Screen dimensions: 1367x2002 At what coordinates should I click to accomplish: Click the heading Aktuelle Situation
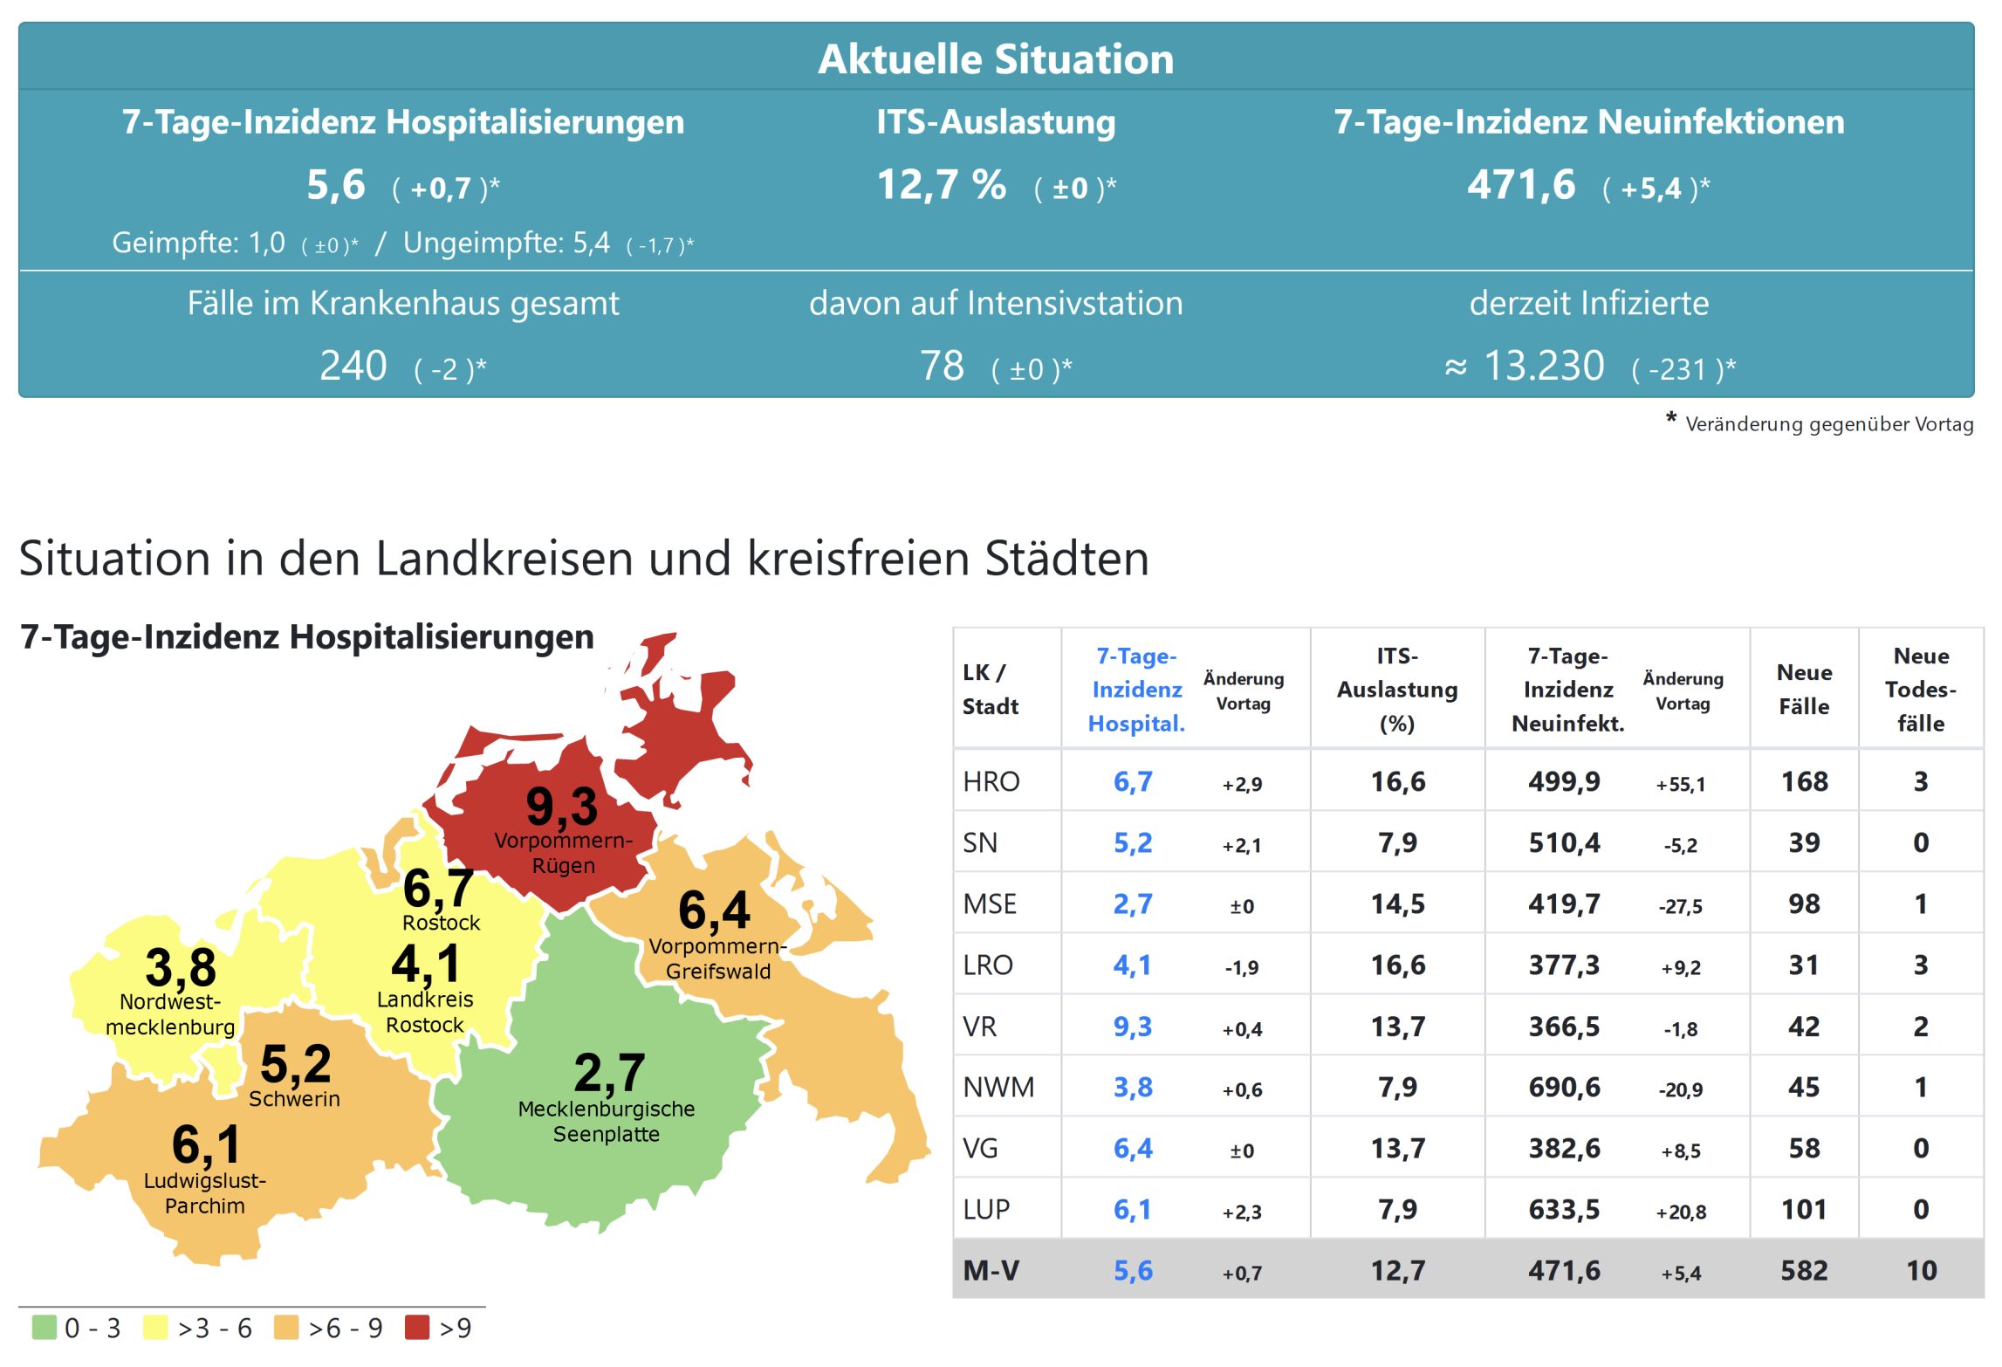pyautogui.click(x=996, y=59)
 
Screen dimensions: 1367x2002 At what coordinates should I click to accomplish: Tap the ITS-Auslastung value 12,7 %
pyautogui.click(x=941, y=185)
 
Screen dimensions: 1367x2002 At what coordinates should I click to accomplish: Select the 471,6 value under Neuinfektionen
pyautogui.click(x=1521, y=185)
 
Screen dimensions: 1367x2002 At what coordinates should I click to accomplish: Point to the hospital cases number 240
pyautogui.click(x=353, y=366)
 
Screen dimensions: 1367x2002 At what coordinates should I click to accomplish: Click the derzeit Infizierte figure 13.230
pyautogui.click(x=1543, y=366)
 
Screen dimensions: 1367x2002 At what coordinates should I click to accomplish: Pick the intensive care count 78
pyautogui.click(x=942, y=366)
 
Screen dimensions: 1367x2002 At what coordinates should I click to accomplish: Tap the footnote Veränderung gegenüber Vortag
pyautogui.click(x=1828, y=424)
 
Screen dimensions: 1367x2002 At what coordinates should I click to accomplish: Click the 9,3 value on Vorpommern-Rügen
pyautogui.click(x=561, y=806)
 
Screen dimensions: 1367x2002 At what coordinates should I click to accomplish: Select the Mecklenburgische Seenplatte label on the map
pyautogui.click(x=607, y=1121)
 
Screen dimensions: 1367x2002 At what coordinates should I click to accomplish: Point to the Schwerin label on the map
pyautogui.click(x=294, y=1099)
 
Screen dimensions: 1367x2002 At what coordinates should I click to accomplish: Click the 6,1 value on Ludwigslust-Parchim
pyautogui.click(x=206, y=1144)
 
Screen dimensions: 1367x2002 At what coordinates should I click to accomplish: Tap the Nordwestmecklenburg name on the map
pyautogui.click(x=170, y=1014)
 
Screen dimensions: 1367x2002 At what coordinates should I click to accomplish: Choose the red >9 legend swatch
pyautogui.click(x=417, y=1328)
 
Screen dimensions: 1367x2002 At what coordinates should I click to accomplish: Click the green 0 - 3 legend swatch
pyautogui.click(x=44, y=1328)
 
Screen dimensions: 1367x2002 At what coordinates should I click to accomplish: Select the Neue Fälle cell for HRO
pyautogui.click(x=1804, y=781)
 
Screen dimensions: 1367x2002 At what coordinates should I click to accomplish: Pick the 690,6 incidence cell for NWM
pyautogui.click(x=1564, y=1087)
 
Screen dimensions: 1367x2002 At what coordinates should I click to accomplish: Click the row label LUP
pyautogui.click(x=986, y=1209)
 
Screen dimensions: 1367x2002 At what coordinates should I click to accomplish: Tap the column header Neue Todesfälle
pyautogui.click(x=1921, y=689)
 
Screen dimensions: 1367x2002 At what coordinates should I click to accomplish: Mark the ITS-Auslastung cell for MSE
pyautogui.click(x=1397, y=903)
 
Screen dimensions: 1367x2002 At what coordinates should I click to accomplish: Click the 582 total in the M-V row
pyautogui.click(x=1804, y=1270)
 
